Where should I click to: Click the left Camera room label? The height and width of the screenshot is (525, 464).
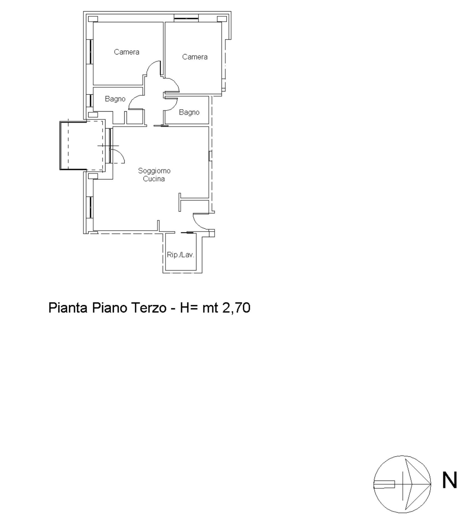[x=126, y=52]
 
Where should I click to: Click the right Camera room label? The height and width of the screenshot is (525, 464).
[x=195, y=57]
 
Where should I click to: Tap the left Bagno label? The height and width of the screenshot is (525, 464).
[x=115, y=99]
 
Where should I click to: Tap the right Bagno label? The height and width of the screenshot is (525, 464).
[x=189, y=112]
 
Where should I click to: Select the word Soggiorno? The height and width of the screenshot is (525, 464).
[x=154, y=171]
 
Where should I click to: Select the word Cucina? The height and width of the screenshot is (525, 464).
[x=154, y=179]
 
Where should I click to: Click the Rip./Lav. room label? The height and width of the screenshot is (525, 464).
[x=180, y=255]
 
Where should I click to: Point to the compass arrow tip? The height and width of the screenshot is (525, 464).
[x=430, y=484]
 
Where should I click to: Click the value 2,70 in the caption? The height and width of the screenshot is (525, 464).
[x=236, y=308]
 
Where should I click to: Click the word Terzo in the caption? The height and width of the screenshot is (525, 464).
[x=149, y=308]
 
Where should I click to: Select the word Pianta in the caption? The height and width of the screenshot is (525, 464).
[x=68, y=308]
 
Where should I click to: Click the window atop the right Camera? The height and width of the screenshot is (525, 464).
[x=186, y=18]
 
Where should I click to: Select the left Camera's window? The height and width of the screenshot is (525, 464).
[x=90, y=52]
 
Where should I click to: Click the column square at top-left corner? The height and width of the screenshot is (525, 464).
[x=93, y=19]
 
